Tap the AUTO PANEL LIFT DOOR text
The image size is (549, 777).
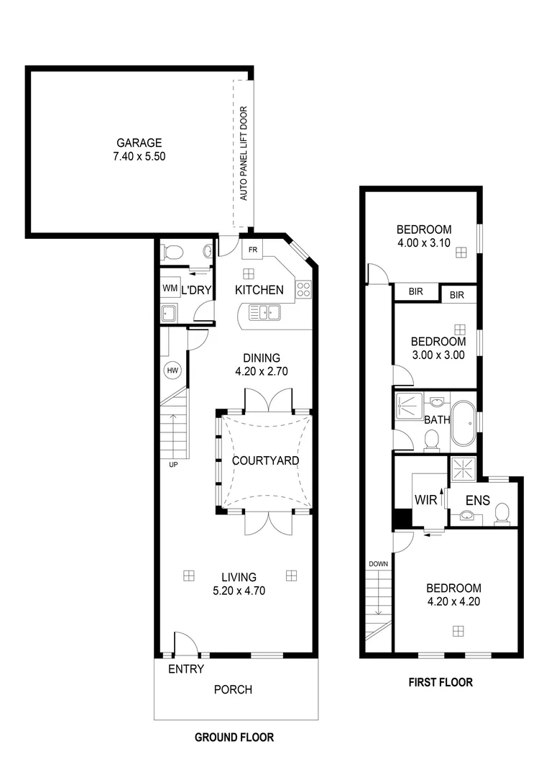[x=244, y=153]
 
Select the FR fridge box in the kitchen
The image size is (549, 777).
[x=252, y=250]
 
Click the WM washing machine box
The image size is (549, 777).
[x=170, y=288]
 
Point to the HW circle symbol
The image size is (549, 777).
[x=172, y=371]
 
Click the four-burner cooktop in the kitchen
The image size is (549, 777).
[x=303, y=289]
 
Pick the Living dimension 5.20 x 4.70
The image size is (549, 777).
[x=239, y=590]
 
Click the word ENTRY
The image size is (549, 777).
[x=186, y=669]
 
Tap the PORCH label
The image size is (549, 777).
[x=234, y=689]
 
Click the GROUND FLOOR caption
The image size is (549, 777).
[x=234, y=737]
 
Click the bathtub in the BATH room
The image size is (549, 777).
[x=464, y=424]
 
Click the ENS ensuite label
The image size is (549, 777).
[x=477, y=499]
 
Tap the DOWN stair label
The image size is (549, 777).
[x=378, y=564]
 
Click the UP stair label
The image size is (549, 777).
[x=173, y=464]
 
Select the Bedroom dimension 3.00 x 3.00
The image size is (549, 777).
[x=438, y=355]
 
